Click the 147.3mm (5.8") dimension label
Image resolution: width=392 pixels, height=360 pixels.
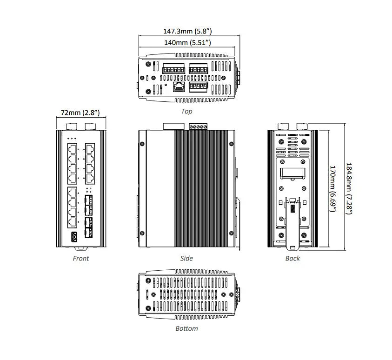click(187, 31)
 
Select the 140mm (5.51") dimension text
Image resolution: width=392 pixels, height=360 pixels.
click(187, 42)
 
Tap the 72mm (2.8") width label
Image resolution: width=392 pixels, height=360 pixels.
click(80, 113)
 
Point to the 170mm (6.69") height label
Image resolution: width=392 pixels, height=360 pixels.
click(332, 187)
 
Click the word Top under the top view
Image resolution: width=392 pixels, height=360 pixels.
click(186, 111)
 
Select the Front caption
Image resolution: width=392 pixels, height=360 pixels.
click(81, 258)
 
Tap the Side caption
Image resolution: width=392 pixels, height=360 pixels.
click(186, 258)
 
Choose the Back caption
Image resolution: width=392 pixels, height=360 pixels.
click(292, 258)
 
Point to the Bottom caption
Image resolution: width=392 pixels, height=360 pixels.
click(186, 328)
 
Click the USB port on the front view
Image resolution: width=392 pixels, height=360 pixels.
click(73, 237)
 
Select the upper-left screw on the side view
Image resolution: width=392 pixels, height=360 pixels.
click(142, 144)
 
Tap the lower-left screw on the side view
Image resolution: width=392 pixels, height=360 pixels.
click(142, 233)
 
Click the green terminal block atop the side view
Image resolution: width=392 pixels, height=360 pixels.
click(198, 126)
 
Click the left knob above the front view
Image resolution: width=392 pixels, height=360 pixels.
click(72, 126)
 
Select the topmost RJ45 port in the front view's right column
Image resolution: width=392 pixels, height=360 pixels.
click(90, 149)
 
